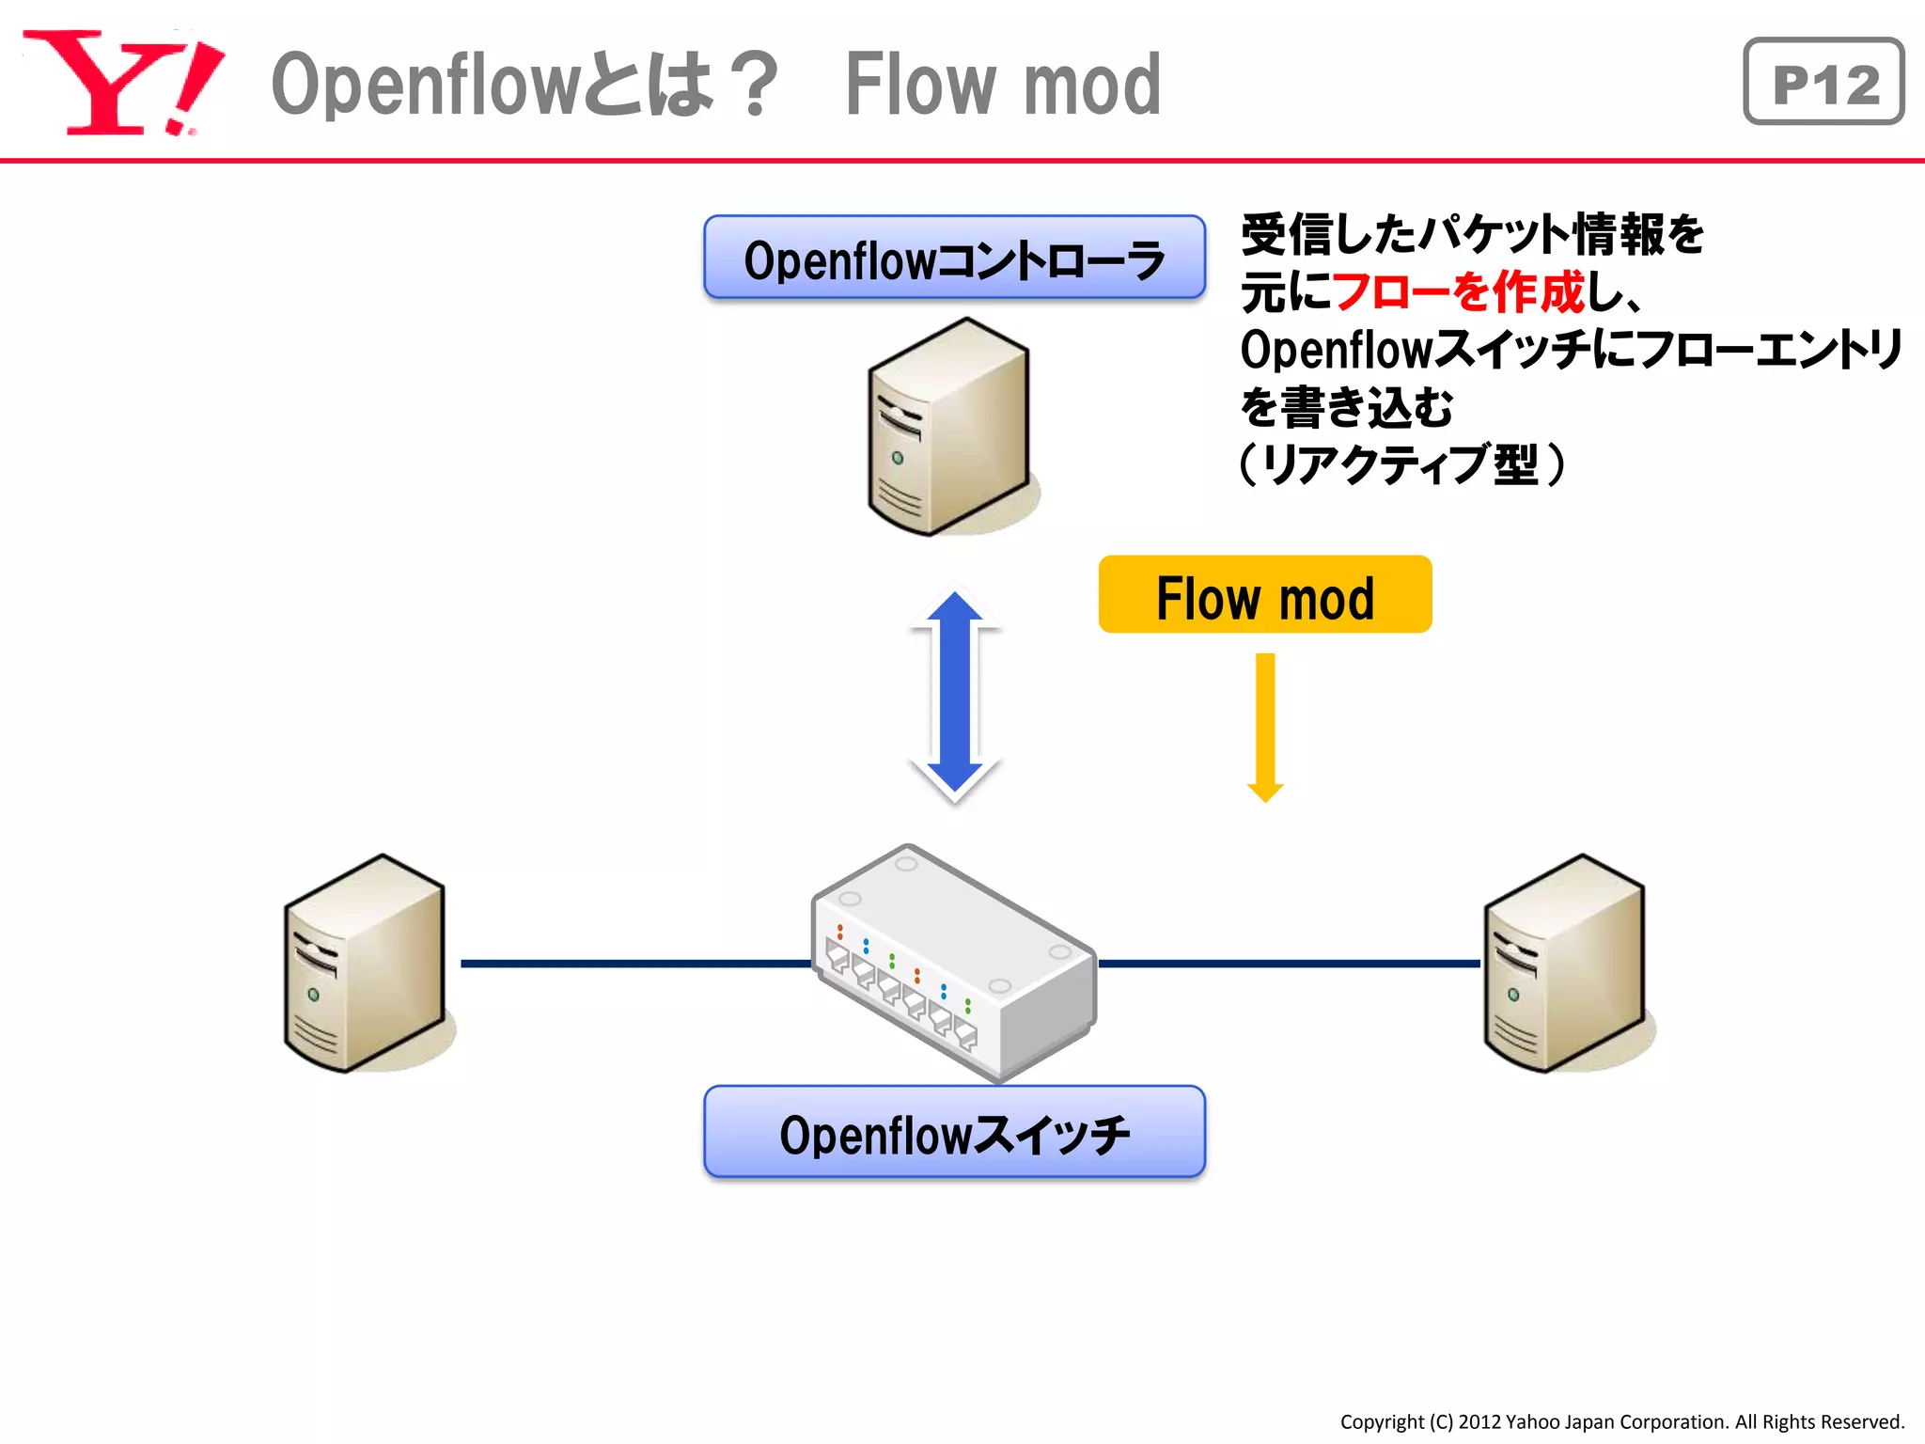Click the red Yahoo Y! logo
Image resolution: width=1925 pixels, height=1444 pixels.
(x=122, y=83)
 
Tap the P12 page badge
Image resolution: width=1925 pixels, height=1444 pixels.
(x=1823, y=83)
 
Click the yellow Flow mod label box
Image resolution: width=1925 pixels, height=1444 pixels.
(x=1264, y=595)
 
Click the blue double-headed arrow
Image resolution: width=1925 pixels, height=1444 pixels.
(x=954, y=696)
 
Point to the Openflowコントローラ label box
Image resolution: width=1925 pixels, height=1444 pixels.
(x=954, y=258)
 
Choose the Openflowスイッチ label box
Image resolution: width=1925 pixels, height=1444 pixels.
(x=954, y=1132)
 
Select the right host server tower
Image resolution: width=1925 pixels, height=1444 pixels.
(x=1564, y=964)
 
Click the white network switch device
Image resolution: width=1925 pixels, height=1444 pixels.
(x=954, y=964)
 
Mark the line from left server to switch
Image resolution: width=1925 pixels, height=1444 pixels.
(x=634, y=964)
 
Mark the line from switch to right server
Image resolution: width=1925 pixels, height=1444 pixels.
(x=1288, y=964)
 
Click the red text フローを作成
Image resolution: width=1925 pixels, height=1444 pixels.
(x=1458, y=291)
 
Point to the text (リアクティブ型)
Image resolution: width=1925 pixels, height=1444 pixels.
(x=1401, y=464)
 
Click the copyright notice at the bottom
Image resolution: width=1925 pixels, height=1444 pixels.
(x=1621, y=1421)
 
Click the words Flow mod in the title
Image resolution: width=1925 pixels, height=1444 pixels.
(x=1003, y=85)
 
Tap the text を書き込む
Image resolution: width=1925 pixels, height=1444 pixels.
(x=1346, y=407)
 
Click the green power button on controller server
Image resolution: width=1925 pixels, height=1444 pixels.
(x=898, y=458)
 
